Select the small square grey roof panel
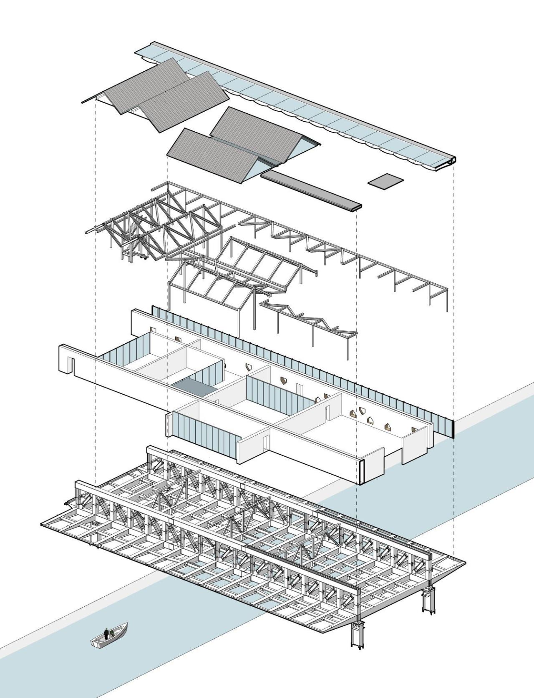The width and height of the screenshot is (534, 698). [386, 181]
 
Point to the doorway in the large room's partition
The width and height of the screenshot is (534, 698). [327, 411]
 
